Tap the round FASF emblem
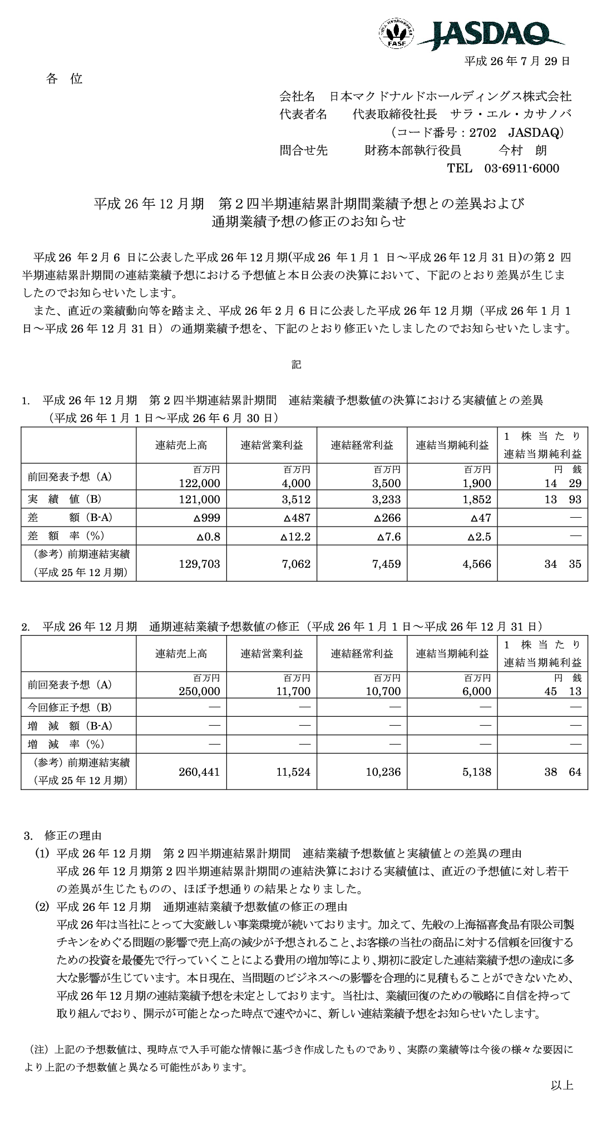pyautogui.click(x=397, y=33)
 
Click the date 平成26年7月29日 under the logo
pyautogui.click(x=517, y=61)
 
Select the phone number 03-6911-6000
pyautogui.click(x=522, y=168)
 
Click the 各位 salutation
pyautogui.click(x=64, y=79)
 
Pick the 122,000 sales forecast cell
pyautogui.click(x=200, y=484)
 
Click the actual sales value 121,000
pyautogui.click(x=200, y=499)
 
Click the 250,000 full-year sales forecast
pyautogui.click(x=200, y=691)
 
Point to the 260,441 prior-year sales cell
pyautogui.click(x=200, y=772)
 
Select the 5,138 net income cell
pyautogui.click(x=476, y=772)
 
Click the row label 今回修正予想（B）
pyautogui.click(x=70, y=708)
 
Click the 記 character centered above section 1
pyautogui.click(x=296, y=365)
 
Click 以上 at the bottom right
pyautogui.click(x=562, y=1100)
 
